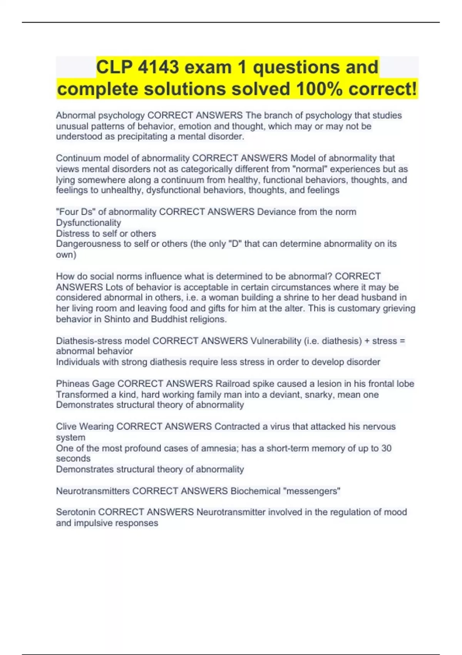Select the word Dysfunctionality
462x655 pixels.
[89, 223]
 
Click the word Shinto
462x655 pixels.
[117, 319]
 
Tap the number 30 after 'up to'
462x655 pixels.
[386, 448]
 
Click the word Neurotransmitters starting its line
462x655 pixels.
[93, 491]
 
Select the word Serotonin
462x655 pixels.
[76, 512]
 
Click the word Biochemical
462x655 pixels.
[255, 491]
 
